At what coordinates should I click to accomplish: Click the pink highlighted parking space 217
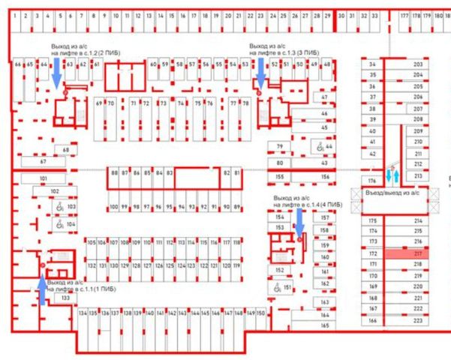pos(417,254)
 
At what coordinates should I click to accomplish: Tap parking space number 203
pos(417,65)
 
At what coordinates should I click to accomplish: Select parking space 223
pos(417,320)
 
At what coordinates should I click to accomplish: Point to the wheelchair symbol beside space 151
pos(275,287)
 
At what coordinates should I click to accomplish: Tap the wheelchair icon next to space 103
pos(59,206)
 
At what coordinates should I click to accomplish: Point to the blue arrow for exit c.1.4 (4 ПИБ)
pos(299,223)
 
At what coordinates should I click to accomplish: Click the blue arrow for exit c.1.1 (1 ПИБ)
pos(41,290)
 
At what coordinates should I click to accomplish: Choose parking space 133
pos(66,298)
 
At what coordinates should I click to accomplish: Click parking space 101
pos(43,178)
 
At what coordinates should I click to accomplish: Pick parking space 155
pos(279,177)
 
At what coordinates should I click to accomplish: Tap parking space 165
pos(325,325)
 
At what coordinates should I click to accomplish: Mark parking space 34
pos(371,65)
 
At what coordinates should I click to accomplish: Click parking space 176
pos(371,181)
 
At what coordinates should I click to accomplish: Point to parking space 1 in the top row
pos(16,15)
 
